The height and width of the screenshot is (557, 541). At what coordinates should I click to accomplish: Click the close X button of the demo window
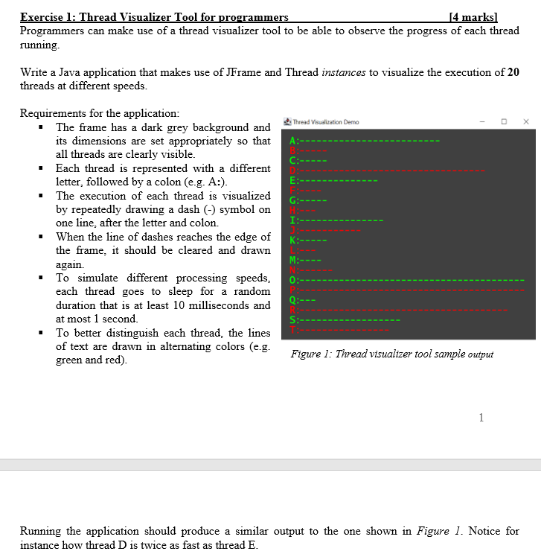(525, 121)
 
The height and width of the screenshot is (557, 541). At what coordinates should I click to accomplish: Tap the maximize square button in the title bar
(504, 121)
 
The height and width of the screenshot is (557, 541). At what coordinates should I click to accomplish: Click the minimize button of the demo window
(482, 121)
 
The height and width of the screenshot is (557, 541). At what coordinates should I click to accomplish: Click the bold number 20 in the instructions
(513, 72)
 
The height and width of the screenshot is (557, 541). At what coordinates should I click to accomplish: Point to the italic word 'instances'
(344, 72)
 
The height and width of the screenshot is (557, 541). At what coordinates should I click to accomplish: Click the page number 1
(481, 417)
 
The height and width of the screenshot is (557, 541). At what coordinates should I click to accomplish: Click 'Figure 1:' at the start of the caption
(311, 354)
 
